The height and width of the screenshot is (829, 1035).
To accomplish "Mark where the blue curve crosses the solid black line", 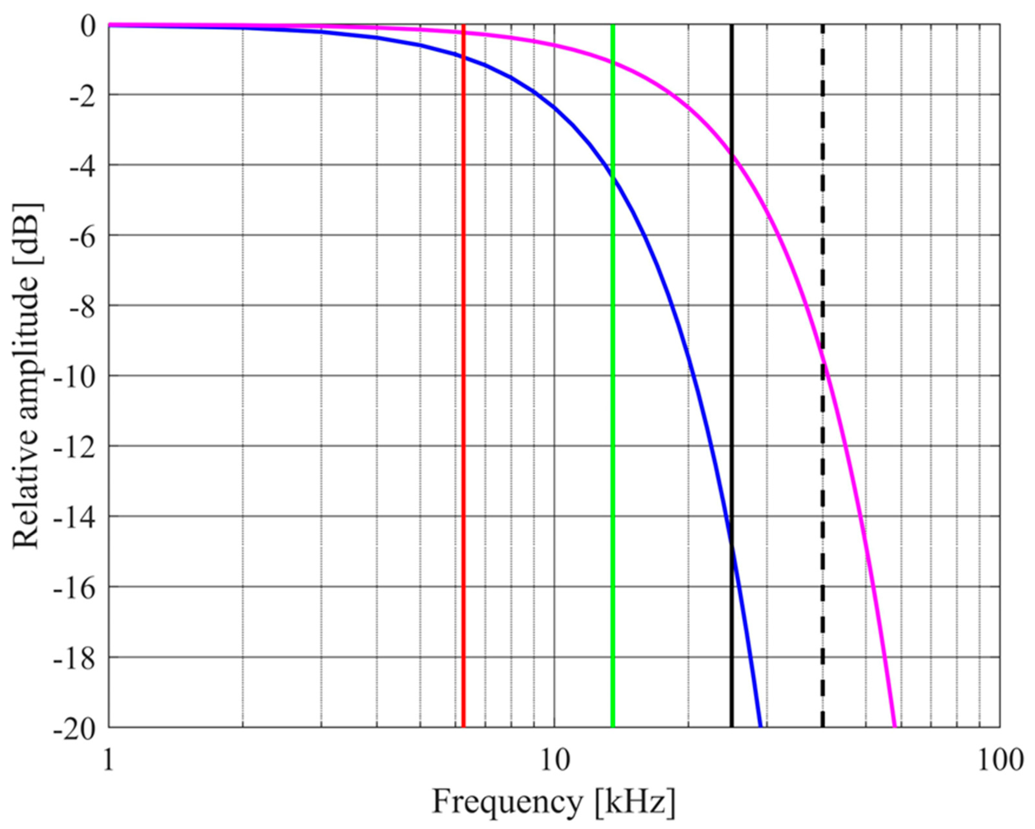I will click(732, 543).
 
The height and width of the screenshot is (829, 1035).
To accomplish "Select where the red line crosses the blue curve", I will click(464, 57).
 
